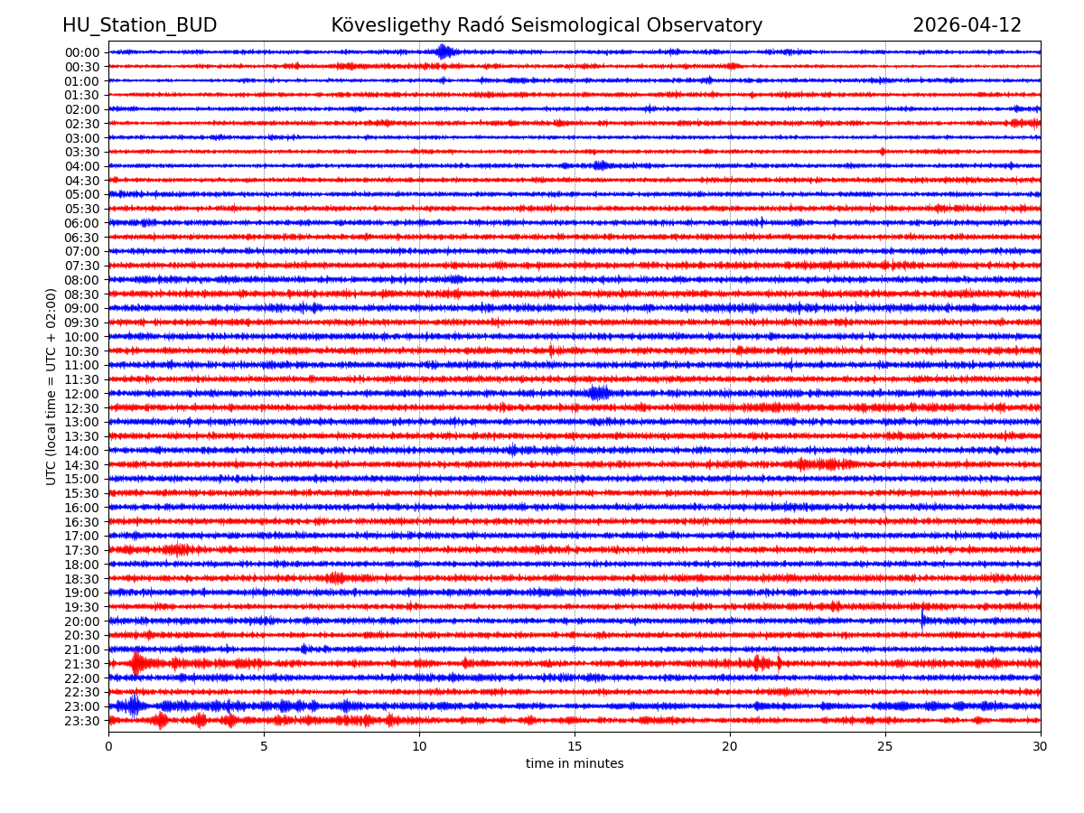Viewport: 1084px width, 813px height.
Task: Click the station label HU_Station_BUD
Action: [x=139, y=25]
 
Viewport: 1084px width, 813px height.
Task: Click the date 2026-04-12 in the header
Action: [x=967, y=25]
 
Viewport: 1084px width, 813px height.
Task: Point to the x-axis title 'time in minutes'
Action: [x=575, y=763]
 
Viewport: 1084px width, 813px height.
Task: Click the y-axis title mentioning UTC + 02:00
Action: [x=51, y=387]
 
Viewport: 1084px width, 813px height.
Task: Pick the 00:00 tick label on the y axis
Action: [x=82, y=52]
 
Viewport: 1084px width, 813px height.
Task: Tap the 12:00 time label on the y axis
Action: [x=82, y=394]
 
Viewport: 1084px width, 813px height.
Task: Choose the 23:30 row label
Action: [x=82, y=721]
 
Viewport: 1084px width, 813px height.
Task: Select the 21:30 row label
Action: [x=82, y=664]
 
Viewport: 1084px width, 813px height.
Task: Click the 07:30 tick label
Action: [x=82, y=266]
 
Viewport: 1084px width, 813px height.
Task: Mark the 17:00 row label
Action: [x=82, y=536]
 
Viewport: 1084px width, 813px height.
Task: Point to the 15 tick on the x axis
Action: [x=575, y=745]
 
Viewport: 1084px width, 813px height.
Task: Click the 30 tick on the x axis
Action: [x=1041, y=745]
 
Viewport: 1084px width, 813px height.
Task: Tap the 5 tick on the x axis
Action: [x=264, y=745]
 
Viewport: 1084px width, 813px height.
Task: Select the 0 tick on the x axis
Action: [x=108, y=745]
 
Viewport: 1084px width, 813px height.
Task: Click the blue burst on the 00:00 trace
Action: [x=443, y=51]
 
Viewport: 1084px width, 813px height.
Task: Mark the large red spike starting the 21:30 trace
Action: [x=136, y=664]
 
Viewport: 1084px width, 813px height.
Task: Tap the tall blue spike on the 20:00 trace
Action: [x=922, y=620]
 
